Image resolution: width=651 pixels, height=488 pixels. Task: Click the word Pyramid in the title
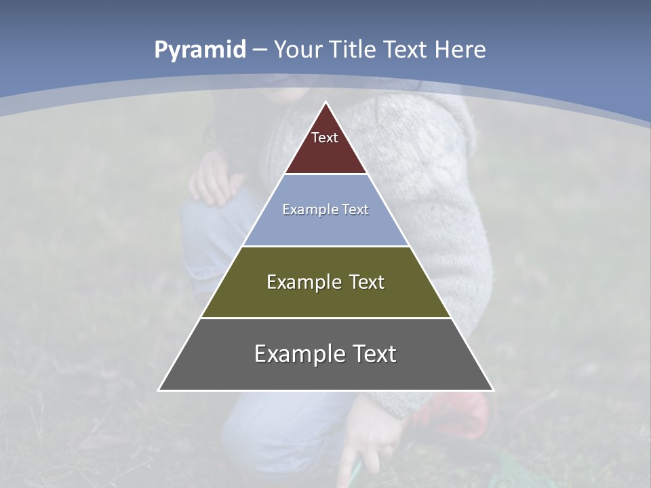click(199, 50)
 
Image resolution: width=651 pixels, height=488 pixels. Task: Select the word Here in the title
click(460, 50)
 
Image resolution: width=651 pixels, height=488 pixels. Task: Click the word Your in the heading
click(298, 50)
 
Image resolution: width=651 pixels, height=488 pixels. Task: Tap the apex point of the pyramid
click(326, 102)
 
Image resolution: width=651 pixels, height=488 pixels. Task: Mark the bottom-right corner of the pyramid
click(492, 390)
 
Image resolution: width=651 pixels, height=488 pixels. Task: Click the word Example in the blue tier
click(309, 209)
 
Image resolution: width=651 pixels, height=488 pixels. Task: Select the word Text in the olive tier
click(368, 282)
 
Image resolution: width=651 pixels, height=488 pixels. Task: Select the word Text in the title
click(405, 50)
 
